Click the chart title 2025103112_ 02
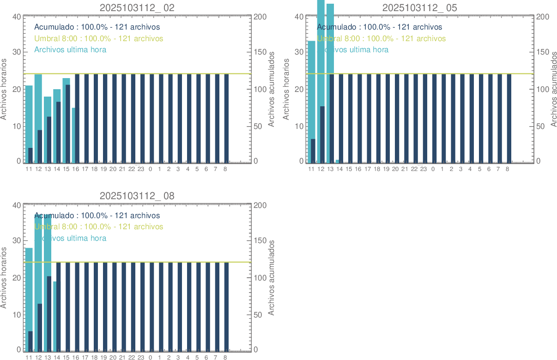coord(137,7)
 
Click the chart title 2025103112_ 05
coord(420,7)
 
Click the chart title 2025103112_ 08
coord(137,196)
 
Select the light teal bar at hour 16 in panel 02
coord(73,134)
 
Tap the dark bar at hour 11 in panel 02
coord(30,155)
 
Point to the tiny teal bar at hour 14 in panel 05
coord(338,161)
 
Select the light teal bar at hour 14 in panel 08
coord(55,316)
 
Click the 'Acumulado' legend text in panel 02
coord(97,27)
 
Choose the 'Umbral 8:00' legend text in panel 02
coord(99,38)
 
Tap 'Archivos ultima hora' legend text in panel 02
coord(70,49)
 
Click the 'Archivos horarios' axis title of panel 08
coord(4,278)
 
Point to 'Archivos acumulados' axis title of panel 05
coord(554,89)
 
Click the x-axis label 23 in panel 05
coord(423,169)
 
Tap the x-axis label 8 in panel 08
coord(225,358)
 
